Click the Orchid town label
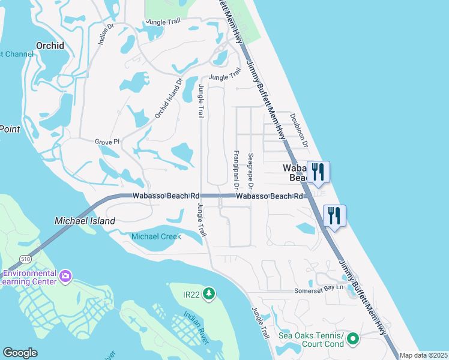click(x=50, y=45)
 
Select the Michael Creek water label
click(x=156, y=236)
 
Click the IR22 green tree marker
click(x=209, y=293)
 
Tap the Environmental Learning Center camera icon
click(x=65, y=277)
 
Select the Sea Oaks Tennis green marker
click(x=353, y=340)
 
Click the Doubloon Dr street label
click(x=298, y=131)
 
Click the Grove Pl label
click(x=107, y=142)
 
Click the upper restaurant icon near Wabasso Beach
click(x=318, y=172)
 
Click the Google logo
click(x=20, y=353)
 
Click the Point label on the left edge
click(x=10, y=128)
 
